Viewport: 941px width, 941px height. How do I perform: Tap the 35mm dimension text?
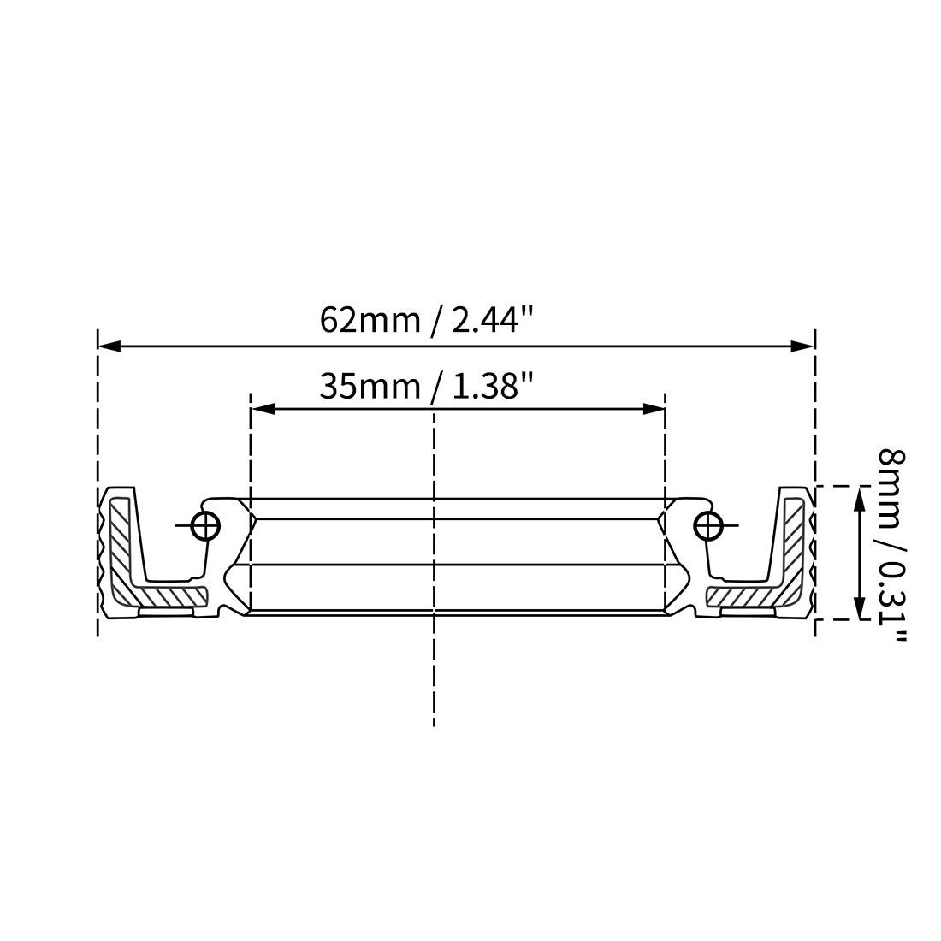[370, 387]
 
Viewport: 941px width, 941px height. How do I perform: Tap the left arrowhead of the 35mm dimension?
[262, 410]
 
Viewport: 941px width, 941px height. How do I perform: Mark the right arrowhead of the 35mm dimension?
[654, 410]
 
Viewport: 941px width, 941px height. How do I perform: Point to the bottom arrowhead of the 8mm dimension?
[859, 608]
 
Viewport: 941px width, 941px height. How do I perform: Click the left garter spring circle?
[206, 526]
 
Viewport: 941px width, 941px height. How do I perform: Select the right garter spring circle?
[707, 526]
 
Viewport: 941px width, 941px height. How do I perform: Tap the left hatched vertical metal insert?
[119, 539]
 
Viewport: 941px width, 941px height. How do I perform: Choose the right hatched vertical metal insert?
[794, 539]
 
